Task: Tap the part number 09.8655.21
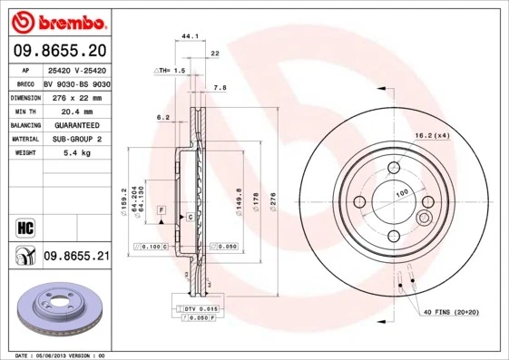pyautogui.click(x=76, y=257)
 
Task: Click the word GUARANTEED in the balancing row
pyautogui.click(x=76, y=124)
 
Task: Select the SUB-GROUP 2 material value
pyautogui.click(x=76, y=139)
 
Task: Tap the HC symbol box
pyautogui.click(x=21, y=225)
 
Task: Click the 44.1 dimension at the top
pyautogui.click(x=191, y=37)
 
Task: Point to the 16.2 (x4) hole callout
pyautogui.click(x=432, y=135)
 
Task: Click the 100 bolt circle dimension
pyautogui.click(x=400, y=192)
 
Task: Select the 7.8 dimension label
pyautogui.click(x=220, y=88)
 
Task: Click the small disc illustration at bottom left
pyautogui.click(x=55, y=311)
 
